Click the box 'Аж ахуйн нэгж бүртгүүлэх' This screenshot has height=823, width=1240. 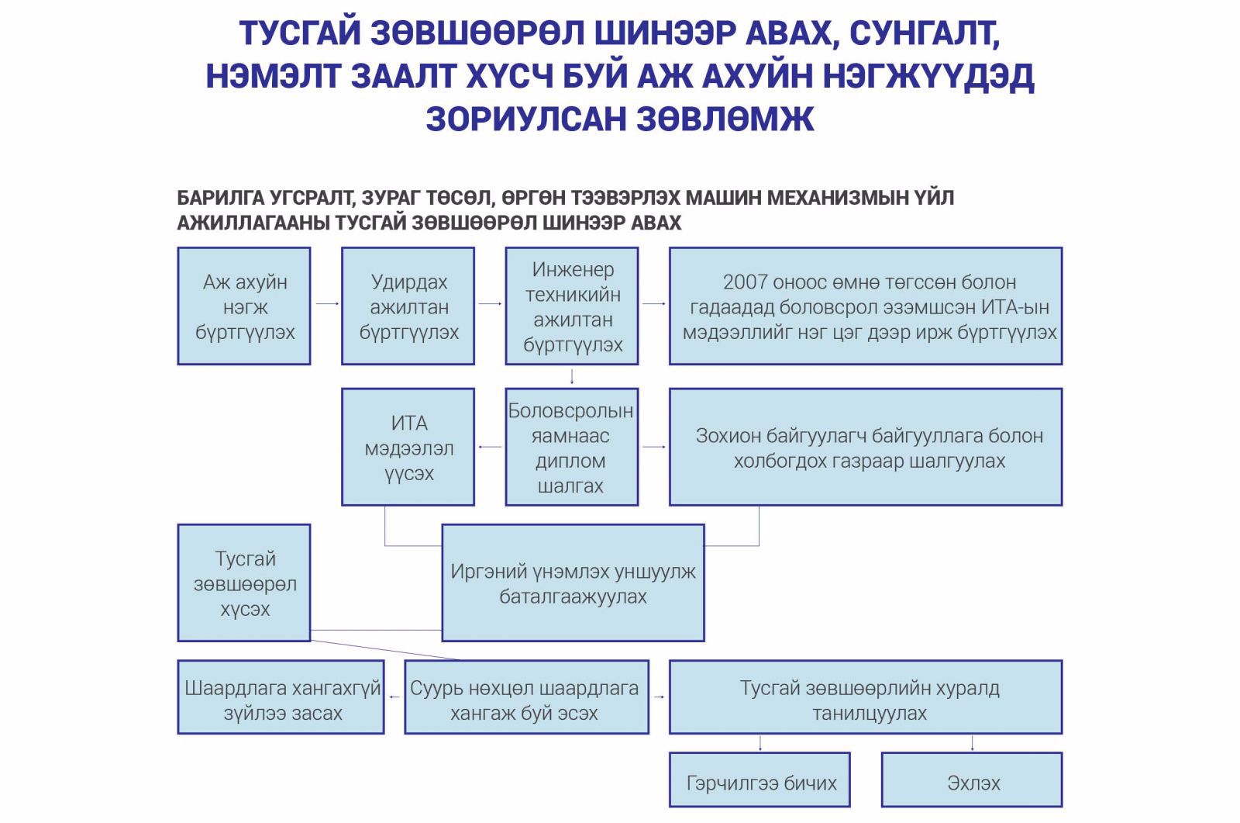coord(244,306)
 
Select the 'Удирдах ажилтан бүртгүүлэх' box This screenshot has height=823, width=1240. coord(408,306)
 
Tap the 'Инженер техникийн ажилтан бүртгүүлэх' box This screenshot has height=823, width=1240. coord(572,306)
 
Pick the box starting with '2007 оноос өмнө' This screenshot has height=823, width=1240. coord(866,306)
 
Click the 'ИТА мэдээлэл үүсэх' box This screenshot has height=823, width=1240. coord(408,448)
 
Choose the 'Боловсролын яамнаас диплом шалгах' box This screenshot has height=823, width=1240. coord(572,448)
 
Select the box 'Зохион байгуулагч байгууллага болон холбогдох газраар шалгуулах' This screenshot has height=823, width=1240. coord(866,448)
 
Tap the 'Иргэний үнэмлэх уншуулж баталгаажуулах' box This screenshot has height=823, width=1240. coord(573,583)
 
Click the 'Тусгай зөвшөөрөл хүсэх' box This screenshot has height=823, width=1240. coord(244,583)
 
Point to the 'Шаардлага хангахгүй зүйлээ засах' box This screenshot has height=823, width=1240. coord(281,697)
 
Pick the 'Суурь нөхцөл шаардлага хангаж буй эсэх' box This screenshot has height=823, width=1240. coord(526,697)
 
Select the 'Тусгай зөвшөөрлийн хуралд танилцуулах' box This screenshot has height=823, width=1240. coord(866,697)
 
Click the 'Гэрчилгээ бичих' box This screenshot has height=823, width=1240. coord(760,780)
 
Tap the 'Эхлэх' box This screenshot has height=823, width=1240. coord(972,780)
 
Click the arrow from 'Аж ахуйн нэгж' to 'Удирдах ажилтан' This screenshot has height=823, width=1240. coord(326,303)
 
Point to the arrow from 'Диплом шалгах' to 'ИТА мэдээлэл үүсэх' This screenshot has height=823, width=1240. coord(490,447)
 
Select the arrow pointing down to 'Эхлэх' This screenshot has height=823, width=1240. coord(972,743)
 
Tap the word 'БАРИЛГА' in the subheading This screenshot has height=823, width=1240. coord(221,198)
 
